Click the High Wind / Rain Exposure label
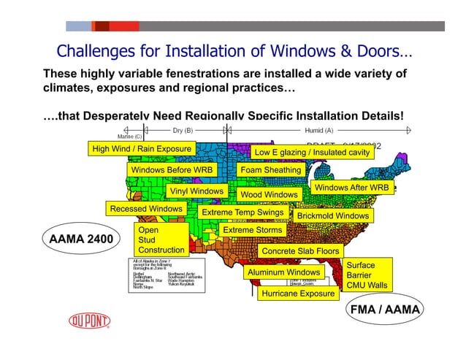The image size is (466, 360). [142, 149]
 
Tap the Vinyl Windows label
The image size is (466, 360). [196, 191]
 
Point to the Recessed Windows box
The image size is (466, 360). [146, 209]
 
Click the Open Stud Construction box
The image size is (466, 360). [161, 240]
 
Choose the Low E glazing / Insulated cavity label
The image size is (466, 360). [312, 152]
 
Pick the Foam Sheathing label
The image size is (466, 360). [270, 170]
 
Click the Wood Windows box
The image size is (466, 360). [269, 195]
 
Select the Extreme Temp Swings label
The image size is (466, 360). [242, 212]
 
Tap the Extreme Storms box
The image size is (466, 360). [252, 230]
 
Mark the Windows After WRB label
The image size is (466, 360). [351, 188]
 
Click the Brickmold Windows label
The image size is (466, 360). [332, 216]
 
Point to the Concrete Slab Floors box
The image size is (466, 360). [300, 251]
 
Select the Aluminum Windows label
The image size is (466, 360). [284, 272]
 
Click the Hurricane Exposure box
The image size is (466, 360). [297, 294]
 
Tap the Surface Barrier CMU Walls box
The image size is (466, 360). [367, 275]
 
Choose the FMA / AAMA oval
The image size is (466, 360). [386, 309]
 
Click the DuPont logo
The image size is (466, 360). [90, 321]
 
